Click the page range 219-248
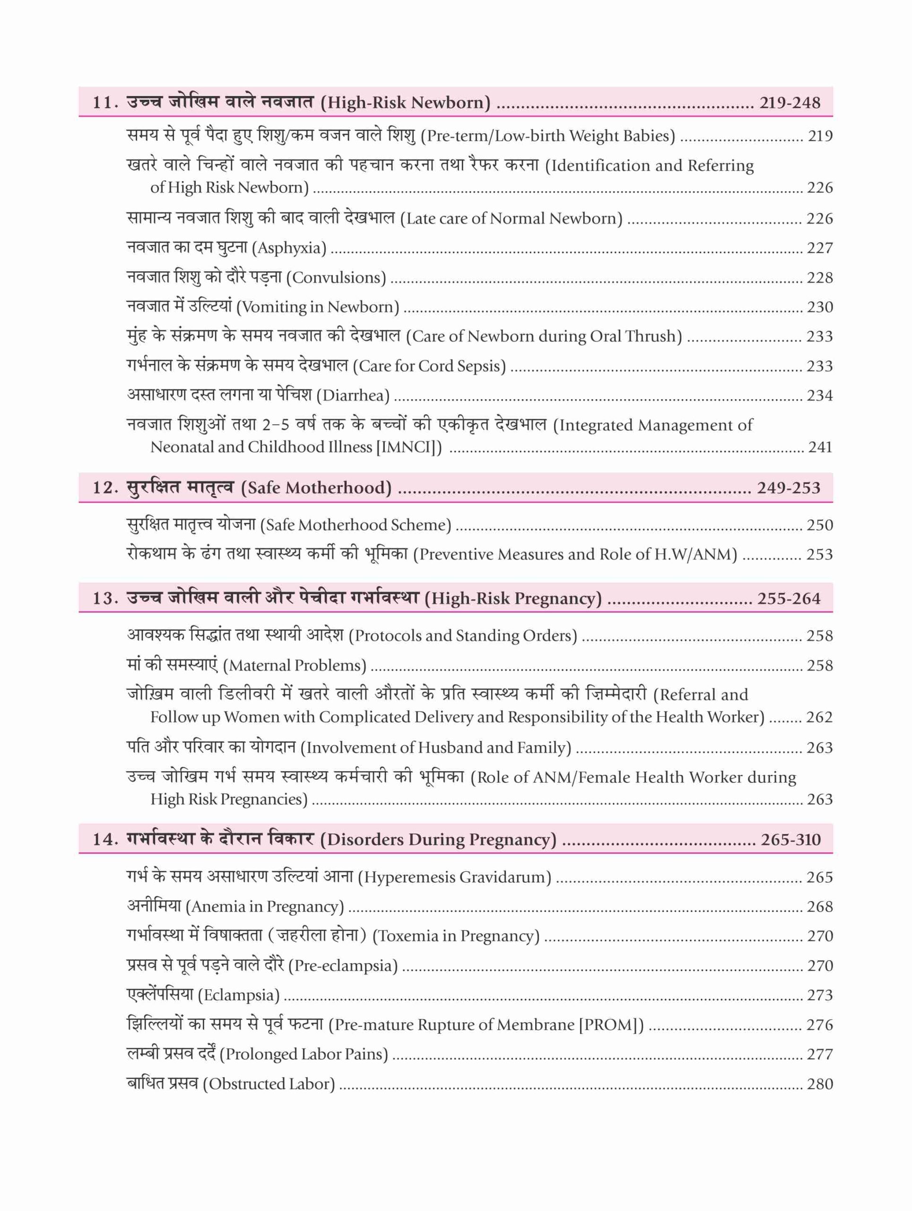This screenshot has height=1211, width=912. click(789, 102)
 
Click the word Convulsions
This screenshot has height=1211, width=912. click(339, 278)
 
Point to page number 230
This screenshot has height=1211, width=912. click(819, 307)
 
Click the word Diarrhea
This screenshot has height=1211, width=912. click(356, 395)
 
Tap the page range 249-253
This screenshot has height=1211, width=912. click(788, 488)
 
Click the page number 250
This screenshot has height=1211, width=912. click(819, 525)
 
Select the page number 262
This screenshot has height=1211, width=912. click(819, 717)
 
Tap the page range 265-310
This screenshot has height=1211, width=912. click(790, 839)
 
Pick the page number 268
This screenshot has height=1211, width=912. click(819, 907)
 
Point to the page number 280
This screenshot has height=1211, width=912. click(819, 1084)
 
